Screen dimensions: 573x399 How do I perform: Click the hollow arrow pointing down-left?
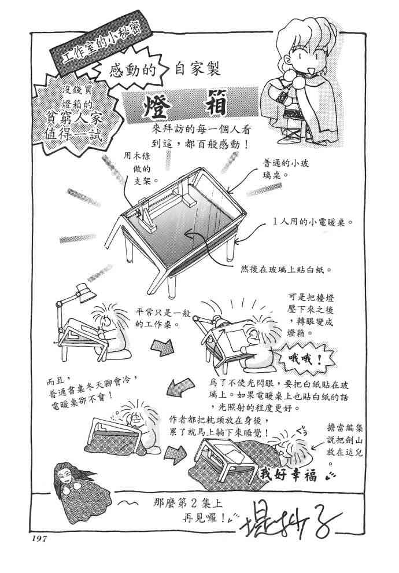[x=181, y=386]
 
